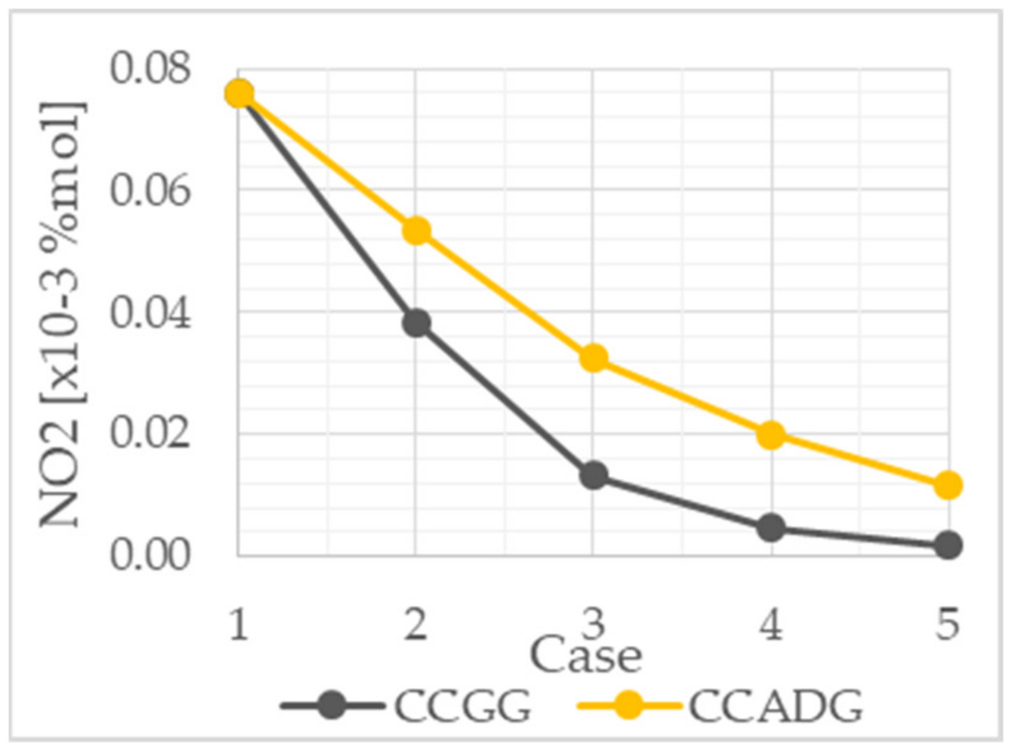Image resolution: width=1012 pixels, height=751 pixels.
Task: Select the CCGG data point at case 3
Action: click(593, 475)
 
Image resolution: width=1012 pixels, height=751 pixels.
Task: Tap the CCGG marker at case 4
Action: click(771, 528)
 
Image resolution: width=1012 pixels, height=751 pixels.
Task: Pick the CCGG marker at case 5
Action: click(948, 545)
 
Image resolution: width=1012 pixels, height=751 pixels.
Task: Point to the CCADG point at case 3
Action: click(593, 358)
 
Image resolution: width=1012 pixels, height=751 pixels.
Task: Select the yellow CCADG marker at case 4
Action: click(771, 435)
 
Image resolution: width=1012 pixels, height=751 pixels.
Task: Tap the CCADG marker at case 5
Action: click(948, 485)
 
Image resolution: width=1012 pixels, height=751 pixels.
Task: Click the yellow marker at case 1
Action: click(240, 94)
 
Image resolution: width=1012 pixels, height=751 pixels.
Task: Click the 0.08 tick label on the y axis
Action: click(149, 69)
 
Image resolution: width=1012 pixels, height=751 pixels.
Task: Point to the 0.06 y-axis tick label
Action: click(149, 190)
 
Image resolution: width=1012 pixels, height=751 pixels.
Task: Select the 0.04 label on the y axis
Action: click(149, 313)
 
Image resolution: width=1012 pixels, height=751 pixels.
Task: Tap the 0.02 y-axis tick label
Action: click(149, 434)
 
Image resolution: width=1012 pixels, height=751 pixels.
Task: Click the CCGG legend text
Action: click(462, 707)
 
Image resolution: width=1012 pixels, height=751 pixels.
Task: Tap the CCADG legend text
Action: click(776, 707)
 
